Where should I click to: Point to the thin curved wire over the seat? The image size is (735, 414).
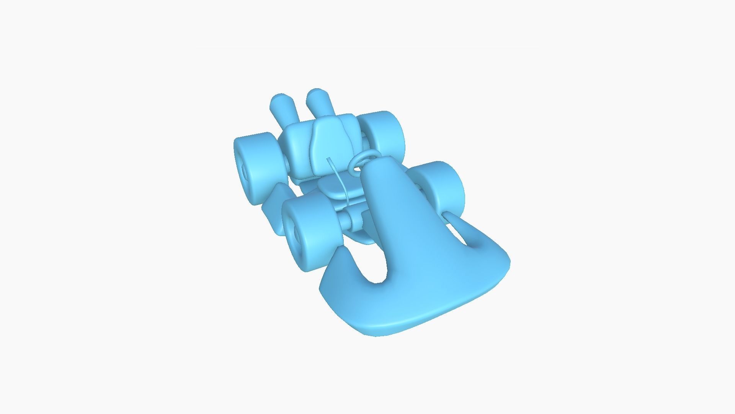coord(341,180)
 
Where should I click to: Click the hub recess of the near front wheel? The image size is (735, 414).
coord(297,234)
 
